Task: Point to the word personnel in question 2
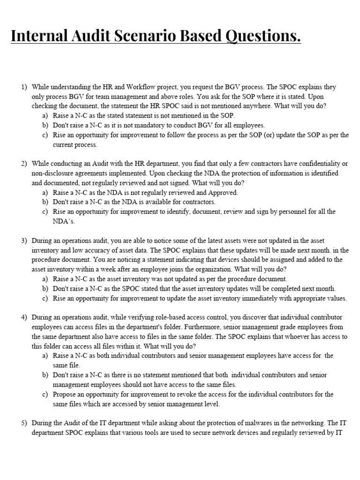(x=274, y=211)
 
